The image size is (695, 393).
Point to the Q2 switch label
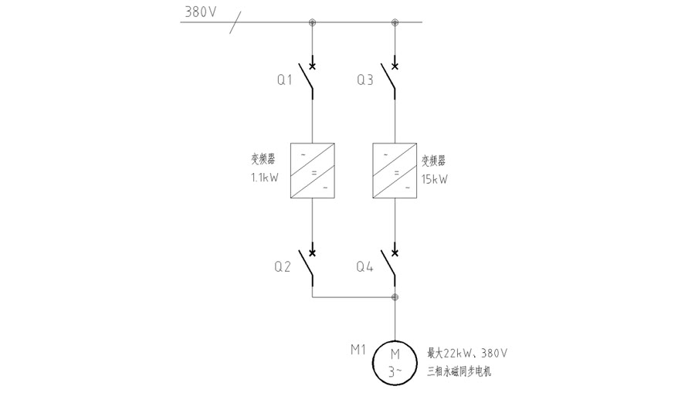(283, 267)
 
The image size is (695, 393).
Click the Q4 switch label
(365, 267)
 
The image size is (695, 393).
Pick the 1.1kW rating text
(263, 178)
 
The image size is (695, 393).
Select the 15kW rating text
(435, 178)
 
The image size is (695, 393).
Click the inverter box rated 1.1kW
(312, 171)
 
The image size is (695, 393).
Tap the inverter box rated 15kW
(395, 171)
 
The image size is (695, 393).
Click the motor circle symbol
(395, 361)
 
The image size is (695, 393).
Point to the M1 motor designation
(358, 350)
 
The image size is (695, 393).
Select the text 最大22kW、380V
(467, 354)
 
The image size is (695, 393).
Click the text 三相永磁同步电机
(459, 372)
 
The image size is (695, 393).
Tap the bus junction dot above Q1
(312, 22)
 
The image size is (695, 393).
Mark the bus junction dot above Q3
(395, 22)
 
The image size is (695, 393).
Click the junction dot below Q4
(395, 296)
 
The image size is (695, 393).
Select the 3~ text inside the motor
(395, 371)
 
